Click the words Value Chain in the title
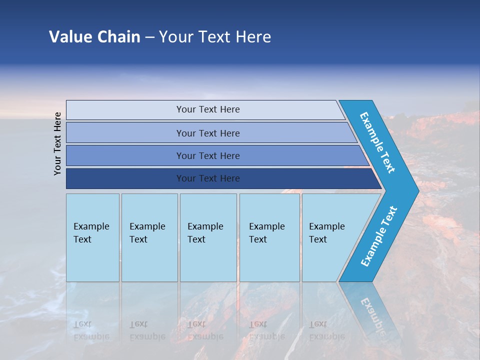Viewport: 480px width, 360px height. pos(94,37)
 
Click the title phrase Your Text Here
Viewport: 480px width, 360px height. pos(215,37)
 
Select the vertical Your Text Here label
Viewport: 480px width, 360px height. pos(57,143)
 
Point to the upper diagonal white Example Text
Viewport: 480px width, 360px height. pos(377,142)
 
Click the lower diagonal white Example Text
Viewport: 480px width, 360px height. pos(379,236)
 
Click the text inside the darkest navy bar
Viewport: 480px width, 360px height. pos(208,178)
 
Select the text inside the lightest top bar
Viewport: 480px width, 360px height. pos(208,109)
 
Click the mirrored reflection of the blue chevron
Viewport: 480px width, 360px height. pos(372,310)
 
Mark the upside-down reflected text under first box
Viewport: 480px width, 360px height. pos(91,330)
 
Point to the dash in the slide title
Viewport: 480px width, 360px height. pos(149,37)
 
